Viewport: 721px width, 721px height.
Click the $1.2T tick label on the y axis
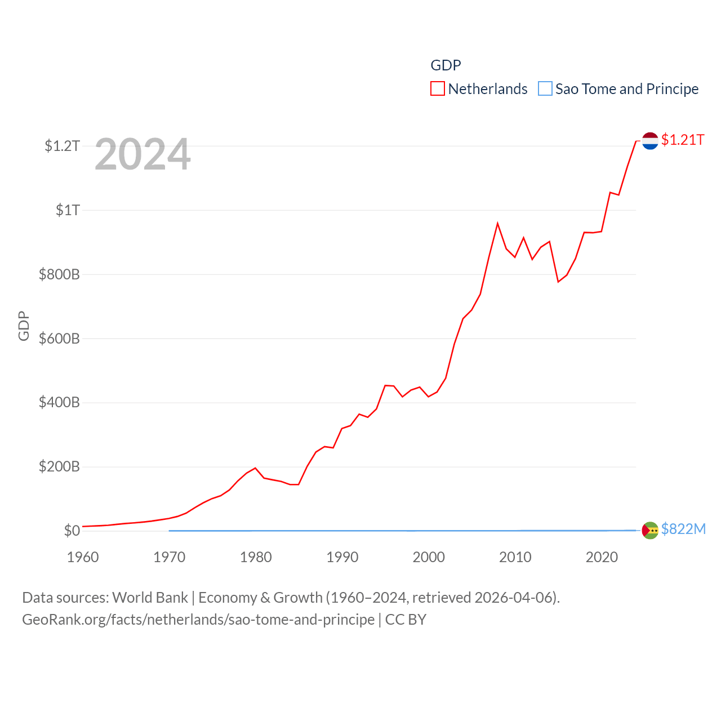[x=62, y=146]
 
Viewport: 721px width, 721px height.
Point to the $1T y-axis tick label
[x=68, y=210]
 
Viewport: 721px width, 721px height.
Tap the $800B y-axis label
[x=59, y=274]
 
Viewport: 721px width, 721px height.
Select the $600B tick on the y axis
[x=59, y=339]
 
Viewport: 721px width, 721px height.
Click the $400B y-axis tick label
[x=59, y=402]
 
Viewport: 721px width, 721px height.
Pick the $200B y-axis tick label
[x=59, y=466]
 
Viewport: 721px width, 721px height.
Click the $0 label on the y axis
[x=72, y=531]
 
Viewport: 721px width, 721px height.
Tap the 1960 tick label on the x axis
[x=83, y=557]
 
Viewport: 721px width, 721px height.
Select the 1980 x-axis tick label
[x=256, y=557]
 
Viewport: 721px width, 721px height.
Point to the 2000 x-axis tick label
[x=429, y=557]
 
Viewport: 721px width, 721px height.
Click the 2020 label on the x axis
[x=602, y=557]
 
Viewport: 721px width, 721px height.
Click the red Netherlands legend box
[x=438, y=89]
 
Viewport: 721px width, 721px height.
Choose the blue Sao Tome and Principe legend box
[x=545, y=89]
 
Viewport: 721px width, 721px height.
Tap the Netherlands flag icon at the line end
[x=650, y=141]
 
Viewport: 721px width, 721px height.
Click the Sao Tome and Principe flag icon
[x=650, y=530]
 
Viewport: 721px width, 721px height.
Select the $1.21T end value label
[x=683, y=140]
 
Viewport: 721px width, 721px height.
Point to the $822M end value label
[x=683, y=529]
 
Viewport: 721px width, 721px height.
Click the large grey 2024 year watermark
[x=143, y=154]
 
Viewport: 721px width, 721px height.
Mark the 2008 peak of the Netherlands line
[x=497, y=224]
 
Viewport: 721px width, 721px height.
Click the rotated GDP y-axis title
[x=24, y=326]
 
